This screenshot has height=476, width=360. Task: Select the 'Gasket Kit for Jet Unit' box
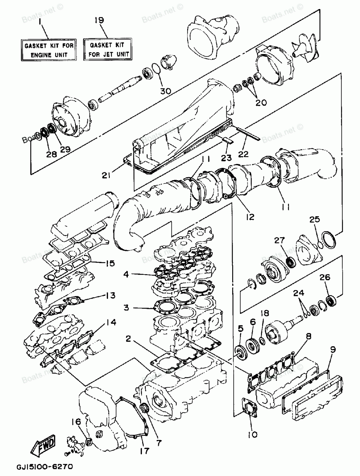click(107, 50)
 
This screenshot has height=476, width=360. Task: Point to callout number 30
click(166, 91)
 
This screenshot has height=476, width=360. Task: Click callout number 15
click(110, 263)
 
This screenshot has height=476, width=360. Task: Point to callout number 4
click(126, 274)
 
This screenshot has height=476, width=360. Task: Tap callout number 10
click(253, 435)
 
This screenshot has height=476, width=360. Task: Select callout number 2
click(128, 338)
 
